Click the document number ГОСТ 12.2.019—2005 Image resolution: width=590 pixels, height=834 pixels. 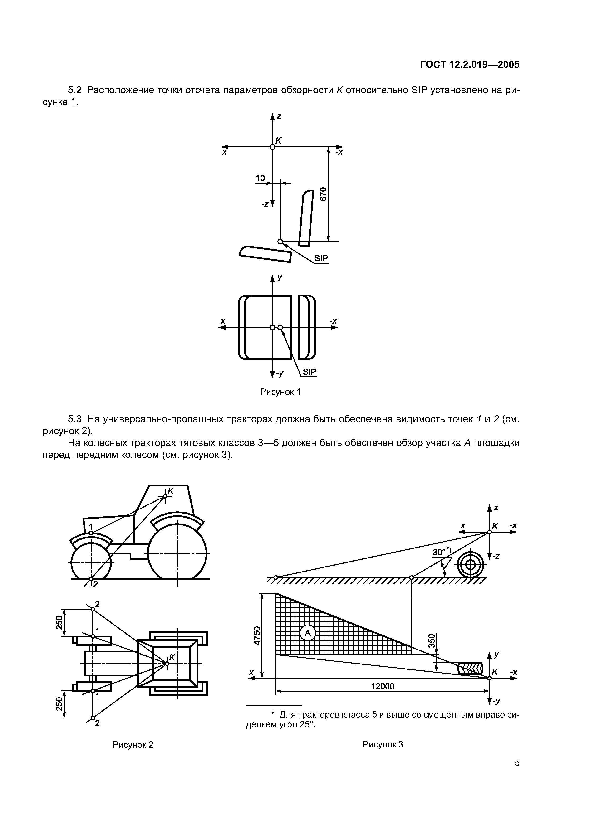[x=470, y=65]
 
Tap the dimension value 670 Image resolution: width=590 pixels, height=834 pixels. [x=323, y=194]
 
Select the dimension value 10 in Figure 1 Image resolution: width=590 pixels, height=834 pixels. [x=260, y=178]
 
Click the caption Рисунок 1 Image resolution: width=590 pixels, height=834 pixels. [x=280, y=392]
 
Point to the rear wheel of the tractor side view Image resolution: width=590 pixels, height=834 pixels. [x=177, y=553]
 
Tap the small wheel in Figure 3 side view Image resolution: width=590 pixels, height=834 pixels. [x=470, y=565]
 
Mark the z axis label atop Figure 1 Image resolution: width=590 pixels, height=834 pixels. [x=279, y=116]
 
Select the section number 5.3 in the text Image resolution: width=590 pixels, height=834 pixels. [x=74, y=419]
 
